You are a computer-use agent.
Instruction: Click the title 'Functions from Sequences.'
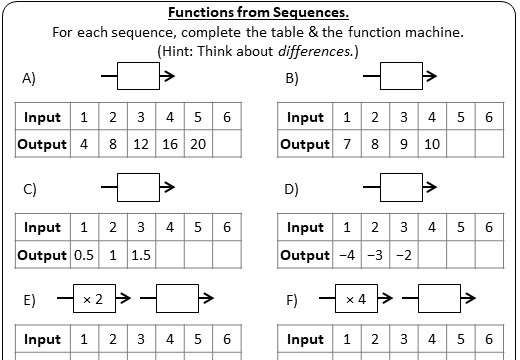pos(258,13)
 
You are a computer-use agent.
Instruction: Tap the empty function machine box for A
pos(138,76)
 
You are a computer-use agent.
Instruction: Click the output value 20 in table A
pos(199,144)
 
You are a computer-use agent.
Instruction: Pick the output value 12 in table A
pos(141,144)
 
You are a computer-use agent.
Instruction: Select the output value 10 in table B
pos(431,144)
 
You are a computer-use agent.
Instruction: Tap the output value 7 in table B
pos(347,144)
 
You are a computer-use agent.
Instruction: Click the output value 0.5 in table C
pos(84,255)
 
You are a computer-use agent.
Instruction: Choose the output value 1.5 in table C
pos(141,255)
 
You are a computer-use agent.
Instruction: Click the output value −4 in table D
pos(347,255)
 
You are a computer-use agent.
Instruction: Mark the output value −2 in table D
pos(403,255)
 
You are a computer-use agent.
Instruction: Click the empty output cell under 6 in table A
pos(228,144)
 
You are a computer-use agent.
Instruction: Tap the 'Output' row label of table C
pos(42,255)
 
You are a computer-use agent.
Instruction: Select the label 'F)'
pos(292,299)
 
